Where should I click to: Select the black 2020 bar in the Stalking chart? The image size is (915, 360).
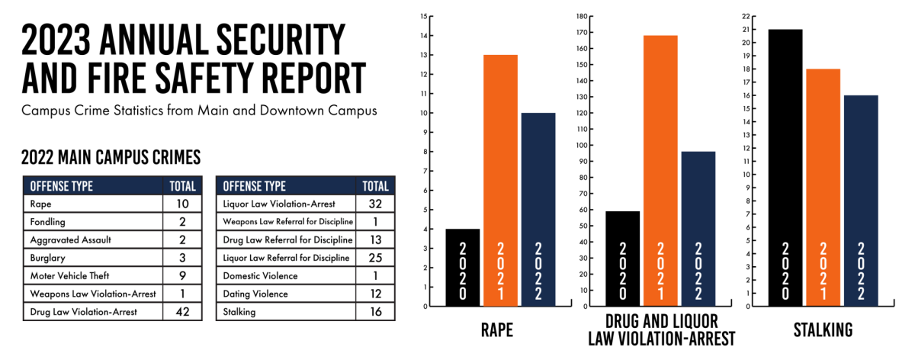click(785, 168)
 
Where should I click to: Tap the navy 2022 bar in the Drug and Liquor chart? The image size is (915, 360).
click(698, 229)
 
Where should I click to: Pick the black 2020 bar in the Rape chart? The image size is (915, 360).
click(462, 267)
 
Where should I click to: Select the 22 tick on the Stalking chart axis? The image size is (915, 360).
click(746, 16)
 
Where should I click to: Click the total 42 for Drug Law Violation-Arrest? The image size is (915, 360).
click(182, 311)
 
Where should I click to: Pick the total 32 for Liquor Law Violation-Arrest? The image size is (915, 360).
click(375, 204)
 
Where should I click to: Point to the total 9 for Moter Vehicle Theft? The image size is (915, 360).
click(182, 275)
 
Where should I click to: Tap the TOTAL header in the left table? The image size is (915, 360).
click(182, 185)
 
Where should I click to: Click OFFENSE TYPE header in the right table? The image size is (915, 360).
click(255, 185)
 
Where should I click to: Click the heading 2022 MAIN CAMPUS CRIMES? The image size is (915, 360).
click(111, 157)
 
